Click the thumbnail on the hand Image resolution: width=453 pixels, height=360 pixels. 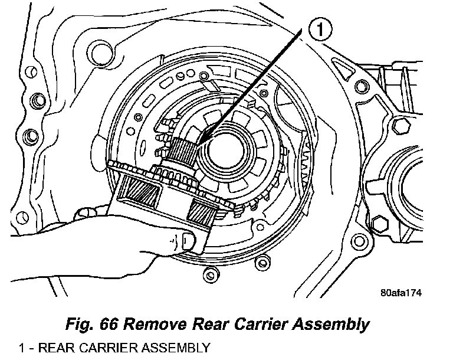tap(188, 240)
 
